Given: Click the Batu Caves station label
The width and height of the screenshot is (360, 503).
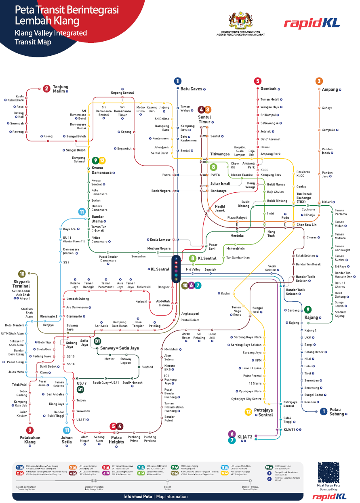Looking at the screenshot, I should point(191,89).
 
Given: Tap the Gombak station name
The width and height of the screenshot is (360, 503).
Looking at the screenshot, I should point(268,89).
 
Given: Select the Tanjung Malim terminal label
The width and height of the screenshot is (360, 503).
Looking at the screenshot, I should point(61,89).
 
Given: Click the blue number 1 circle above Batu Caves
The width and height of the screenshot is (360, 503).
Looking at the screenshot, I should point(177,81).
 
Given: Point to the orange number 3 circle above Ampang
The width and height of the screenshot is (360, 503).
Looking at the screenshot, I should point(319,81).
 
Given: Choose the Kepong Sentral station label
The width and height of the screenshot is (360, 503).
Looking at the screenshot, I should point(122,93).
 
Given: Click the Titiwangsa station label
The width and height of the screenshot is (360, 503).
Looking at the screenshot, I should point(220,154).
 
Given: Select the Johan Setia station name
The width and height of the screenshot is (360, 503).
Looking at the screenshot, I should point(67,440).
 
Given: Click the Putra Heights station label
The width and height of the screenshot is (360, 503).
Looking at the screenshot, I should point(116,440).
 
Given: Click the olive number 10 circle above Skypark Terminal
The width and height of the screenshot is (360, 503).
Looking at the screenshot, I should point(22,274).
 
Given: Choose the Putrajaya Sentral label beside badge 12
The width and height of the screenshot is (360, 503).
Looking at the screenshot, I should point(263,412).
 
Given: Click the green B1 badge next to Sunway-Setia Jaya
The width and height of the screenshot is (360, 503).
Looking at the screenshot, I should point(97,341).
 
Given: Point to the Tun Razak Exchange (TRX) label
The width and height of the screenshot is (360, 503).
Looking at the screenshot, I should point(303,198).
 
